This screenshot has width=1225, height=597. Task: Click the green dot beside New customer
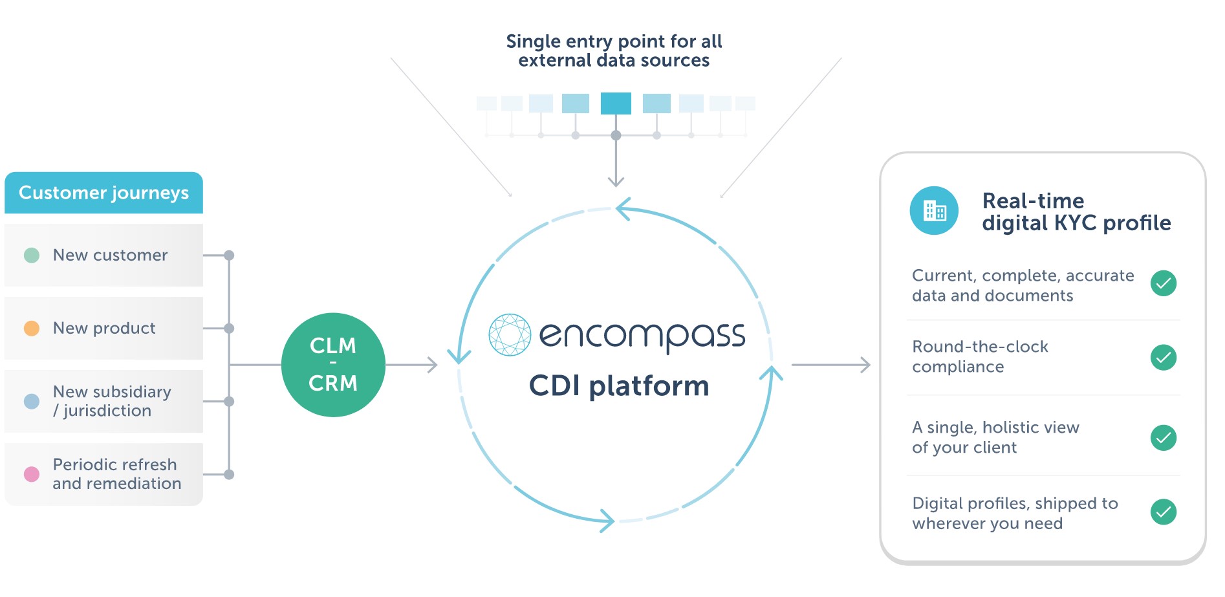(32, 255)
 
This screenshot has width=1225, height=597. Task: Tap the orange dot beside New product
(32, 329)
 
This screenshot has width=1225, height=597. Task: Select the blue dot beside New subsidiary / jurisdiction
(32, 402)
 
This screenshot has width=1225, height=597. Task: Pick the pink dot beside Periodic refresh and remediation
(32, 475)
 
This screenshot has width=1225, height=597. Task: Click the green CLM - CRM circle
(333, 365)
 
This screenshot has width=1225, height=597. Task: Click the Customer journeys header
(103, 193)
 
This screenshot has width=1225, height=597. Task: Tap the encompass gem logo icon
(510, 335)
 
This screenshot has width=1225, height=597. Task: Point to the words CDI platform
(619, 386)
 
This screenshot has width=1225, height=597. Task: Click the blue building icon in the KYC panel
(934, 211)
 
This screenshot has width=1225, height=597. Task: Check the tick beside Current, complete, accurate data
(1163, 283)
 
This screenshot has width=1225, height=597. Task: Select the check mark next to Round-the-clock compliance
(1163, 358)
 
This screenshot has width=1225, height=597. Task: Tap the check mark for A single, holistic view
(1163, 438)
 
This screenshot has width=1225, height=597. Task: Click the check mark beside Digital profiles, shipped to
(1163, 512)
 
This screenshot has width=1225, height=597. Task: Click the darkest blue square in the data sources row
(616, 103)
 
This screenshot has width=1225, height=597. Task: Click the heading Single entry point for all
(614, 41)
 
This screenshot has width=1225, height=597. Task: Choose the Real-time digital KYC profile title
(1076, 212)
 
